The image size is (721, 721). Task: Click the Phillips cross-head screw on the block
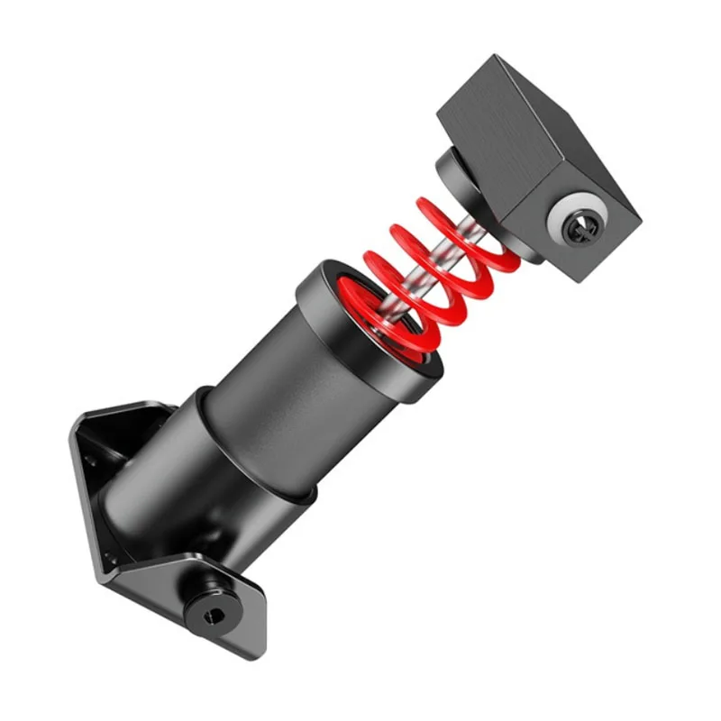pyautogui.click(x=578, y=226)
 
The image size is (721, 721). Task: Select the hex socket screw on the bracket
pyautogui.click(x=208, y=614)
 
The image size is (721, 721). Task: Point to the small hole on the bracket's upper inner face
pyautogui.click(x=92, y=460)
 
